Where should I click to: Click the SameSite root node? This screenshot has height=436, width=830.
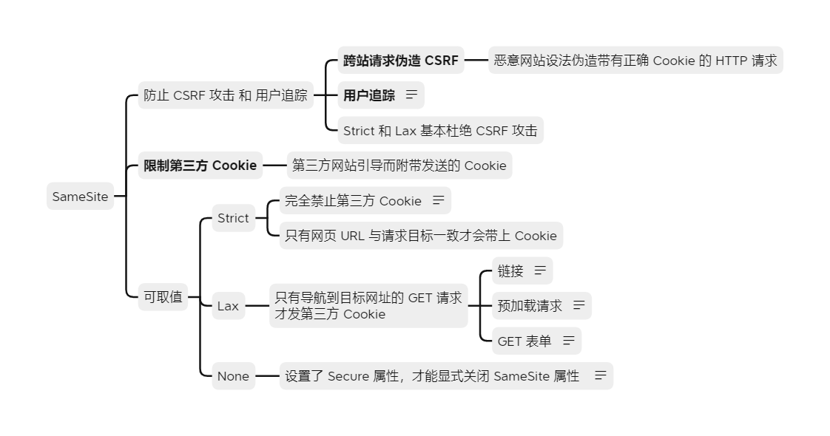pyautogui.click(x=80, y=197)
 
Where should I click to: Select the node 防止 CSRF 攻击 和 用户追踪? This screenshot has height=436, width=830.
pyautogui.click(x=226, y=95)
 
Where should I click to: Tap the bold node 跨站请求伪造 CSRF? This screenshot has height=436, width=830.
pyautogui.click(x=400, y=61)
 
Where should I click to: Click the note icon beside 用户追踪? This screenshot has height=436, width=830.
pyautogui.click(x=411, y=95)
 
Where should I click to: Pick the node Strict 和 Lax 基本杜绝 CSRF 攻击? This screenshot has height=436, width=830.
pyautogui.click(x=440, y=131)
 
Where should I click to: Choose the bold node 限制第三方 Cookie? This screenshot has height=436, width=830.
pyautogui.click(x=200, y=166)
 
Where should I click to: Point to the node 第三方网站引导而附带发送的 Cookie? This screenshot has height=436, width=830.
pyautogui.click(x=399, y=166)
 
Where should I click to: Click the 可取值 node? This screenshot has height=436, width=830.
pyautogui.click(x=163, y=297)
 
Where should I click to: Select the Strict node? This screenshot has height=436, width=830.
pyautogui.click(x=233, y=218)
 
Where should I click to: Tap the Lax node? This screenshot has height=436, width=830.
pyautogui.click(x=228, y=306)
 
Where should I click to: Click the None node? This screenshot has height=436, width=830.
pyautogui.click(x=233, y=376)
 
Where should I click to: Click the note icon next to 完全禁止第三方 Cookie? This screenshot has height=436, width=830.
pyautogui.click(x=439, y=201)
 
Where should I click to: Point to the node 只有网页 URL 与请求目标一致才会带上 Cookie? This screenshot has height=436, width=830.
pyautogui.click(x=420, y=236)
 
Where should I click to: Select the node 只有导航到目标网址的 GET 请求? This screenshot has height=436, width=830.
pyautogui.click(x=368, y=306)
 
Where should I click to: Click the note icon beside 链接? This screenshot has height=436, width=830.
pyautogui.click(x=540, y=271)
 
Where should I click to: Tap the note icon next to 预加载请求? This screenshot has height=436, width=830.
pyautogui.click(x=578, y=305)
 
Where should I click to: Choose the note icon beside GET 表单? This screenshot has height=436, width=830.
pyautogui.click(x=568, y=341)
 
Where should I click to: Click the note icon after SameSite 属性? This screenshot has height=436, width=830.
pyautogui.click(x=600, y=376)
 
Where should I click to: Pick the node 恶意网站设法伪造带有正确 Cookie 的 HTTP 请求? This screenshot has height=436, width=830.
pyautogui.click(x=635, y=61)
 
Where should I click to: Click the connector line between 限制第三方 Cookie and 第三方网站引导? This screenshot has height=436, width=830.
pyautogui.click(x=274, y=166)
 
